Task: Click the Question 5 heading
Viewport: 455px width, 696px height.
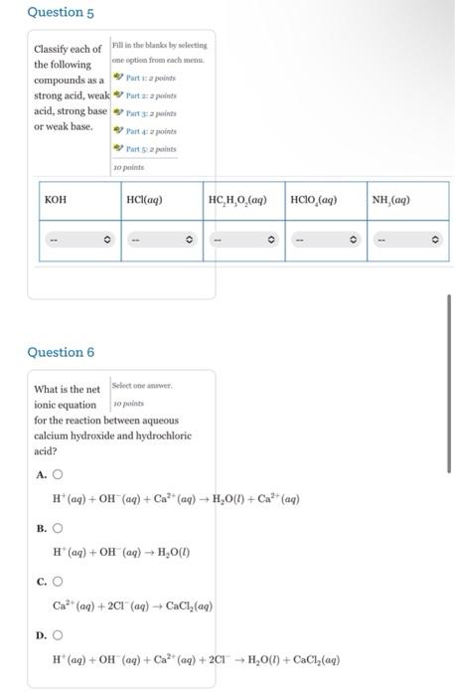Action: coord(61,13)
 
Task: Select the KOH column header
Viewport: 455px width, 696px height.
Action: coord(57,200)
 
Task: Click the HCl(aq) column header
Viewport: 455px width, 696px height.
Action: coord(144,200)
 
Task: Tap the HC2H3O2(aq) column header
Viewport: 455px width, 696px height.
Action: coord(237,200)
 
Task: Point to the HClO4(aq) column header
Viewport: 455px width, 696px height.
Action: coord(314,200)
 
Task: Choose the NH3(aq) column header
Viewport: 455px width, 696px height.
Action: coord(390,200)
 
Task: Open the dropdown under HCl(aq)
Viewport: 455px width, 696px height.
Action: coord(162,240)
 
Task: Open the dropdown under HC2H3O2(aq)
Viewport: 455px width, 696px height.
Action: coord(243,240)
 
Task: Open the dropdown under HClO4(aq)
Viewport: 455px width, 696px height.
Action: coord(325,240)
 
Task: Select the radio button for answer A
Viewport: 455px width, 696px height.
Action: coord(57,474)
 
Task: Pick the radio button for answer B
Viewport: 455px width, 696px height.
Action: coord(57,528)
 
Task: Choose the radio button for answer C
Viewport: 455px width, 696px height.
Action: coord(57,582)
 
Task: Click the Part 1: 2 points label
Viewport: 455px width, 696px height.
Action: coord(149,77)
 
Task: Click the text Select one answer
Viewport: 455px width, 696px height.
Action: coord(142,385)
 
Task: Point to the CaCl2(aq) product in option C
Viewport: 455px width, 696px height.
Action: coord(186,606)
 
